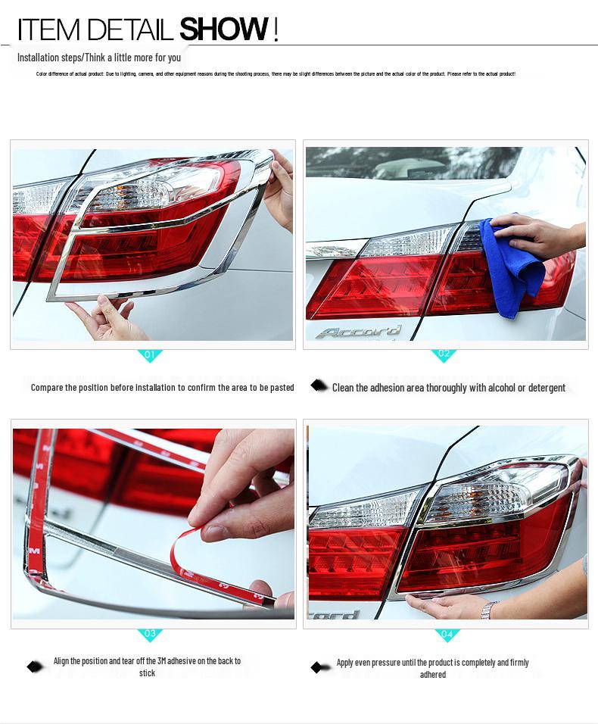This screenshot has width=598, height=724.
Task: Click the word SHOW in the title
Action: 223,30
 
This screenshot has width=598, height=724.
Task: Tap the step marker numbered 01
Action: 149,354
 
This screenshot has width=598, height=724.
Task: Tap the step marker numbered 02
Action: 444,354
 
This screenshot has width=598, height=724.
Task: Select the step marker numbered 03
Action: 149,634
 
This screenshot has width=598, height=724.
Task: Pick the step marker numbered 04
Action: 447,634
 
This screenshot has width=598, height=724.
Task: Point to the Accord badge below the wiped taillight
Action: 359,332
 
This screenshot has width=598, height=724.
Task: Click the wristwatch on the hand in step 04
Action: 490,609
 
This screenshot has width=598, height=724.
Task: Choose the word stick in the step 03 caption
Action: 147,673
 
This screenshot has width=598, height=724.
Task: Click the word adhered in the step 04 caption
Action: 432,675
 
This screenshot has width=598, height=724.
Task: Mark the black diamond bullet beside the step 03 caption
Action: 34,666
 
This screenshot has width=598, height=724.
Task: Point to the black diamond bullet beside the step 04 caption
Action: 318,667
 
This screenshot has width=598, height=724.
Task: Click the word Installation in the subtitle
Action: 39,58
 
